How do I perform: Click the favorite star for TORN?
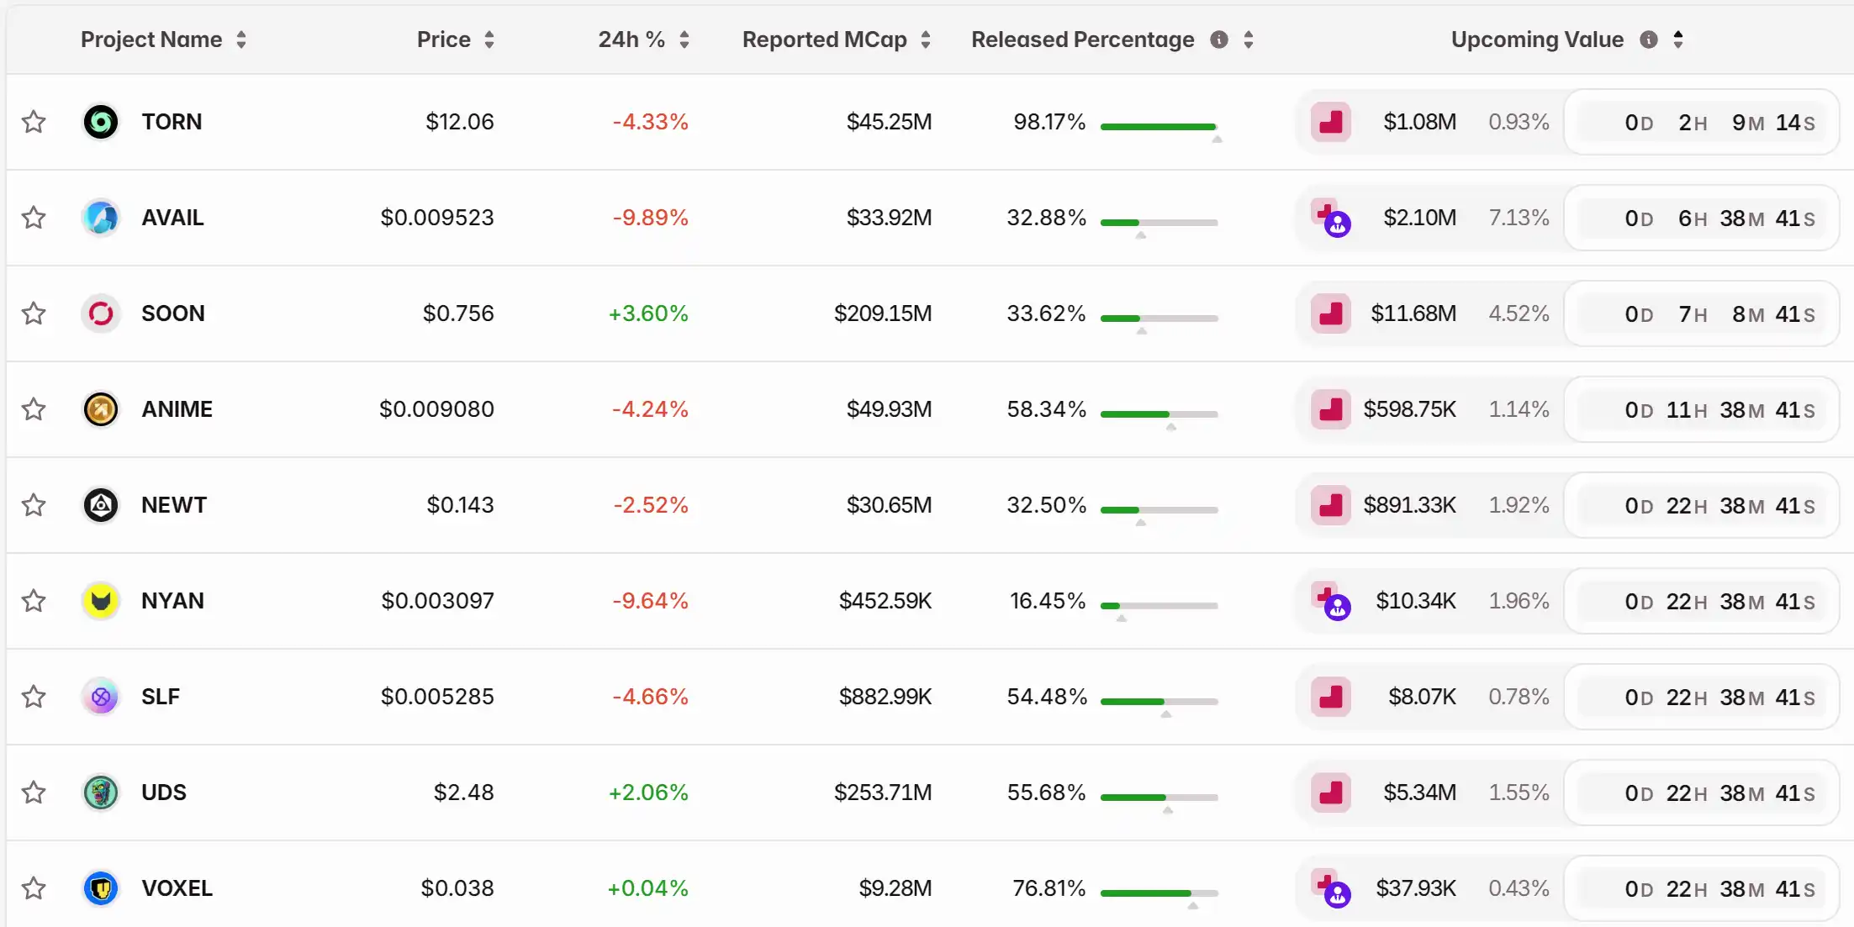click(34, 122)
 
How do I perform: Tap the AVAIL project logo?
click(101, 218)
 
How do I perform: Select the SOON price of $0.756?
click(458, 313)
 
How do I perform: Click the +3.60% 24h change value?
click(648, 313)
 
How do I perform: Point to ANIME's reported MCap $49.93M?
click(889, 409)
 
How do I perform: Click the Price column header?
click(443, 40)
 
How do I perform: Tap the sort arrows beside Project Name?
click(241, 40)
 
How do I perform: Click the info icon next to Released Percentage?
click(1219, 40)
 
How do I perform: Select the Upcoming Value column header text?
click(1537, 40)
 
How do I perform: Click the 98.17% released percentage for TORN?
click(1049, 122)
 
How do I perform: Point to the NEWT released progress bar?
click(1159, 510)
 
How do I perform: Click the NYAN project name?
click(172, 601)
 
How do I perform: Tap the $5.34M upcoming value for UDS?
click(1419, 793)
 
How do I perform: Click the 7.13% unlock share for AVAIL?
click(1519, 218)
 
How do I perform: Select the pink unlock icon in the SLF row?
click(1331, 697)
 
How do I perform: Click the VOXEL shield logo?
click(101, 888)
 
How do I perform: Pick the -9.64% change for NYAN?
click(650, 601)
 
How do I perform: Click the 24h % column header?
click(631, 40)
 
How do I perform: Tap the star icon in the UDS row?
click(34, 793)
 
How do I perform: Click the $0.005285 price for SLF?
click(437, 697)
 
